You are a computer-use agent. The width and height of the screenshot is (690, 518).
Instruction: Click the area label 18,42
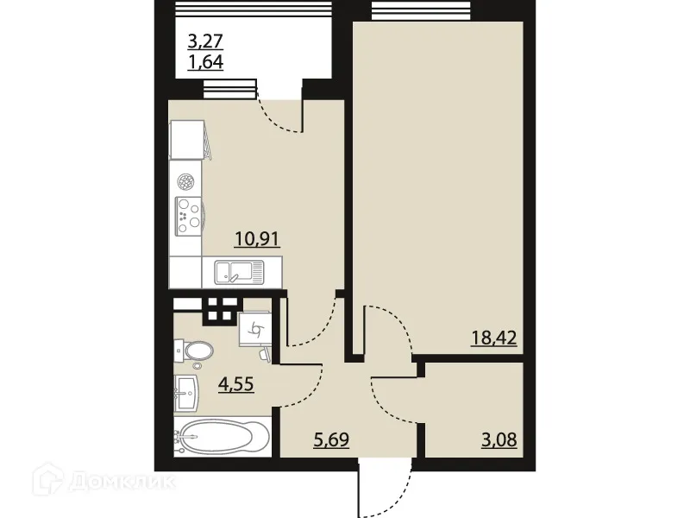(495, 337)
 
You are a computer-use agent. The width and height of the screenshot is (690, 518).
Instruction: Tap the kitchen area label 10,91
(256, 238)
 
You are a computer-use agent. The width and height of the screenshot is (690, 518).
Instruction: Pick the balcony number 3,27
(206, 40)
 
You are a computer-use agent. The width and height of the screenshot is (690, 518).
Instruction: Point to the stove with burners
(187, 214)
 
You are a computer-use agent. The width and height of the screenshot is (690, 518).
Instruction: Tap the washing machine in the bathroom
(254, 329)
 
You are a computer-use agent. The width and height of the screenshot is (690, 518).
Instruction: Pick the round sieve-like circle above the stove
(185, 182)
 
